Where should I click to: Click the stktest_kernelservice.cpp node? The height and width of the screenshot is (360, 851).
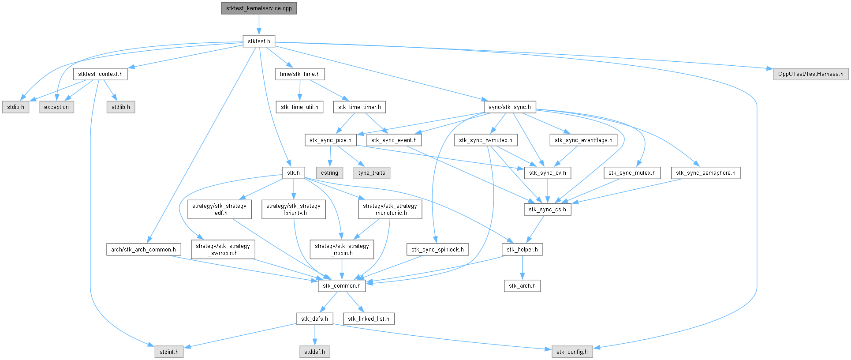click(259, 8)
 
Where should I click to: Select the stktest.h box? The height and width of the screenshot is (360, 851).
click(259, 41)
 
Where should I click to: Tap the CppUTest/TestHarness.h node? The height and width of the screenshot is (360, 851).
click(810, 74)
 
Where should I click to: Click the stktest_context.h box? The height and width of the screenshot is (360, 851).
click(100, 74)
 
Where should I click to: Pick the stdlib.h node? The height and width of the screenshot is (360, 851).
click(121, 107)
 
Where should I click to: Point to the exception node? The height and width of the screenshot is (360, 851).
click(56, 107)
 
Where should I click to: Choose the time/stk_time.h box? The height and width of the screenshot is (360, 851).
click(300, 74)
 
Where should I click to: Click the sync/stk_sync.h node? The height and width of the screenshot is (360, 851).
click(510, 107)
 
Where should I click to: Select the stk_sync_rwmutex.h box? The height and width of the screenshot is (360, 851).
click(485, 140)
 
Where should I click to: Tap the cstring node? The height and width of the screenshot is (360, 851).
click(329, 173)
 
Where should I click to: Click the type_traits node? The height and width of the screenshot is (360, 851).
click(372, 173)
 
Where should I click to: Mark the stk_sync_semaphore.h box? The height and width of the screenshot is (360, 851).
click(705, 173)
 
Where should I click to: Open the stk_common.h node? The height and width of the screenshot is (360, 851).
click(342, 286)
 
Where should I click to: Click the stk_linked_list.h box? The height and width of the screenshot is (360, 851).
click(369, 319)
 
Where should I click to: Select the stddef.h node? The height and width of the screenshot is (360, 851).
click(314, 352)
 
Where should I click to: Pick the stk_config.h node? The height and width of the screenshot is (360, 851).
click(572, 352)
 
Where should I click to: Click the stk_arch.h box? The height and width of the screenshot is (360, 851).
click(522, 286)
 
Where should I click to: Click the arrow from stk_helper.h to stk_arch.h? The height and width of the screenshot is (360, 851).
click(522, 267)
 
